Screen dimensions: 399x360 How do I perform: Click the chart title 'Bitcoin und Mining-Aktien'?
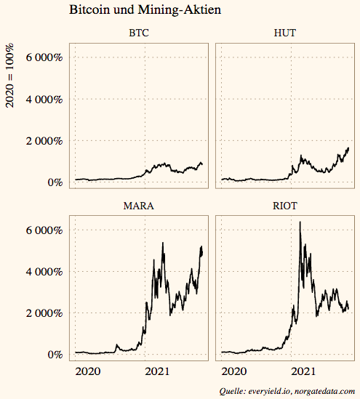tap(145, 11)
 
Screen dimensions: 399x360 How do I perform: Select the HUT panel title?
tap(285, 33)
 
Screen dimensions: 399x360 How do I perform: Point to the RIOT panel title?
tap(285, 206)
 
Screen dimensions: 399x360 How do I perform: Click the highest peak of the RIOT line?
tap(300, 222)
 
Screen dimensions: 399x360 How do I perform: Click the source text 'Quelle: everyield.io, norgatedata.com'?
tap(287, 391)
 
